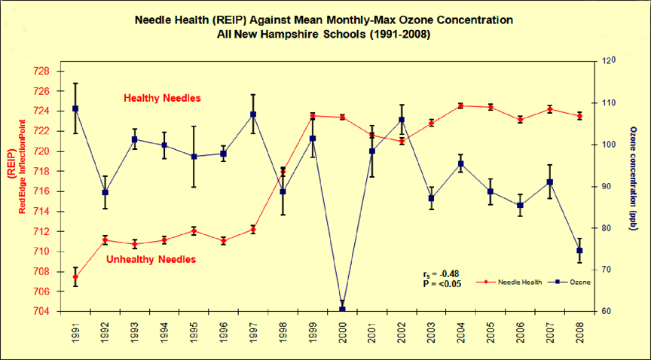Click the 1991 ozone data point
click(75, 108)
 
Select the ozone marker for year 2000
click(343, 310)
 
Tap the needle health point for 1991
click(75, 277)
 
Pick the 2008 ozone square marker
click(579, 251)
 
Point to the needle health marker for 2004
click(461, 105)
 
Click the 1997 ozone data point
click(254, 114)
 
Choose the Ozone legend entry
click(572, 282)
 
